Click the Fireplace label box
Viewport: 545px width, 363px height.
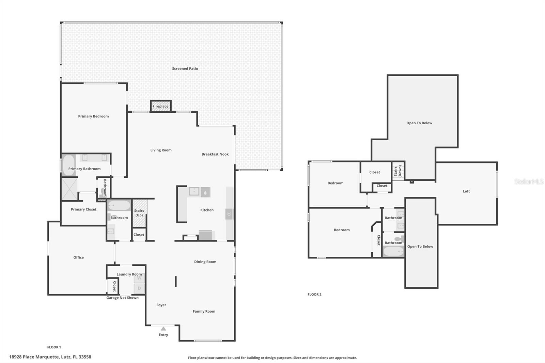(160, 106)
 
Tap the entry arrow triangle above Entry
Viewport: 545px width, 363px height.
(163, 329)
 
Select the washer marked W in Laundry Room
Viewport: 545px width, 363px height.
(139, 278)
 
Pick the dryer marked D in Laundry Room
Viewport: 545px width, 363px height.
(139, 288)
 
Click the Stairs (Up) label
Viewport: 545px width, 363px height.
(139, 213)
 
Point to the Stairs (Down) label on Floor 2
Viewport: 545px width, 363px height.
(398, 171)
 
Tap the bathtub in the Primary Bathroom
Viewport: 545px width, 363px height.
(68, 165)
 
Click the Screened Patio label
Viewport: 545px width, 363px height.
(185, 68)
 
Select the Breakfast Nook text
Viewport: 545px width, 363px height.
(215, 154)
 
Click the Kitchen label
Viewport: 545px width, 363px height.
(207, 210)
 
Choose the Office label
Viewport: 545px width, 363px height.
(78, 257)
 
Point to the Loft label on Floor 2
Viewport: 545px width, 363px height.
(466, 191)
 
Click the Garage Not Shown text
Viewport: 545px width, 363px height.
(122, 298)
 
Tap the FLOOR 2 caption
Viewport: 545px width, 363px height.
(314, 294)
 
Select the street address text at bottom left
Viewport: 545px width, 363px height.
(50, 357)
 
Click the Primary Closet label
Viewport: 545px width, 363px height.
(83, 209)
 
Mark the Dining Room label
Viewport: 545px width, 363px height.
(205, 262)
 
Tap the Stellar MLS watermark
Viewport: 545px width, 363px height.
(529, 181)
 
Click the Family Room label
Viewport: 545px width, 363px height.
(204, 311)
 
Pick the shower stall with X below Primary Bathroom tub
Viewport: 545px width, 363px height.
(69, 189)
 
